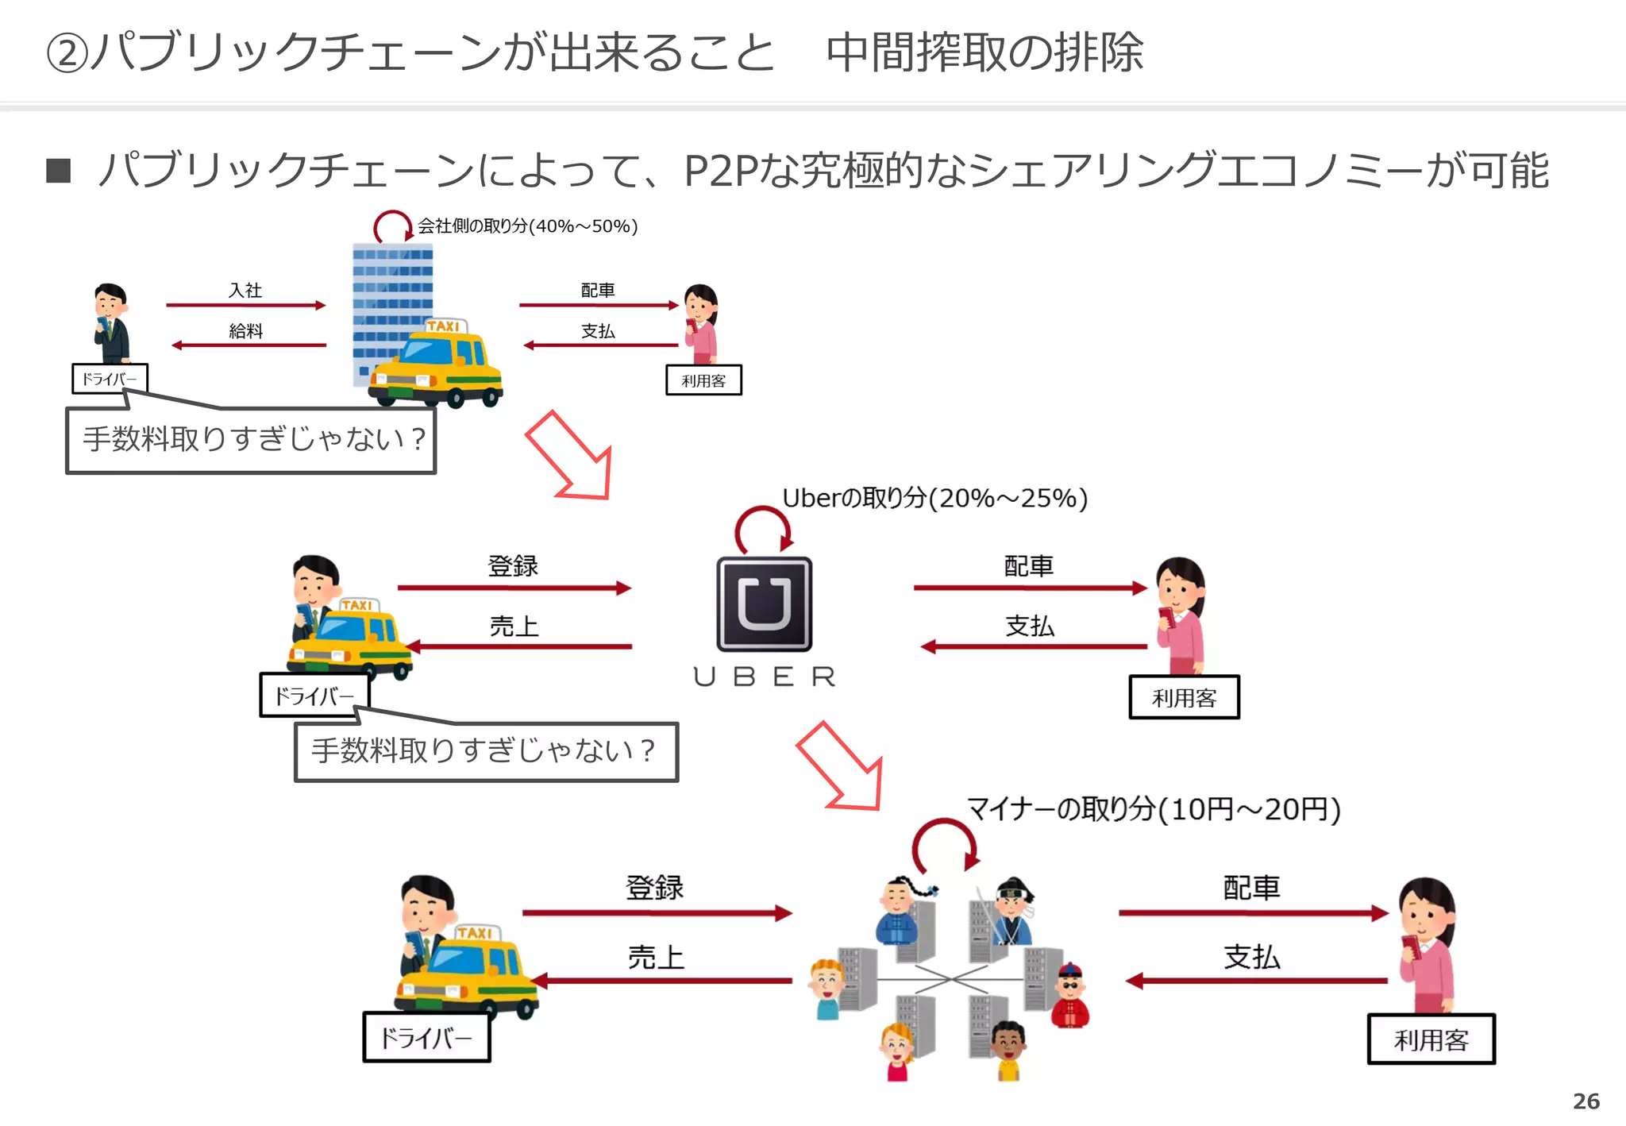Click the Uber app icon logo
(x=764, y=604)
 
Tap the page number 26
(x=1586, y=1101)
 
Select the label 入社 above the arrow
(x=245, y=291)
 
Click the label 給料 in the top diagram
(x=245, y=331)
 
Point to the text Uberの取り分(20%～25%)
(x=934, y=498)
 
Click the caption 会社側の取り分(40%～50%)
(x=528, y=226)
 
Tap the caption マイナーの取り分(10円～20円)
(x=1153, y=809)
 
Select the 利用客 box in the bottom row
(x=1431, y=1039)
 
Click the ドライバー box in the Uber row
(x=314, y=696)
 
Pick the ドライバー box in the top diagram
(x=110, y=379)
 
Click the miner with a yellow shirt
(x=1008, y=1052)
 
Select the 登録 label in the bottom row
(x=654, y=887)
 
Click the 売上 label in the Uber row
(x=514, y=627)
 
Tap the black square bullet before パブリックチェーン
(x=59, y=170)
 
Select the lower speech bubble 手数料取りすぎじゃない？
(x=485, y=751)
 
